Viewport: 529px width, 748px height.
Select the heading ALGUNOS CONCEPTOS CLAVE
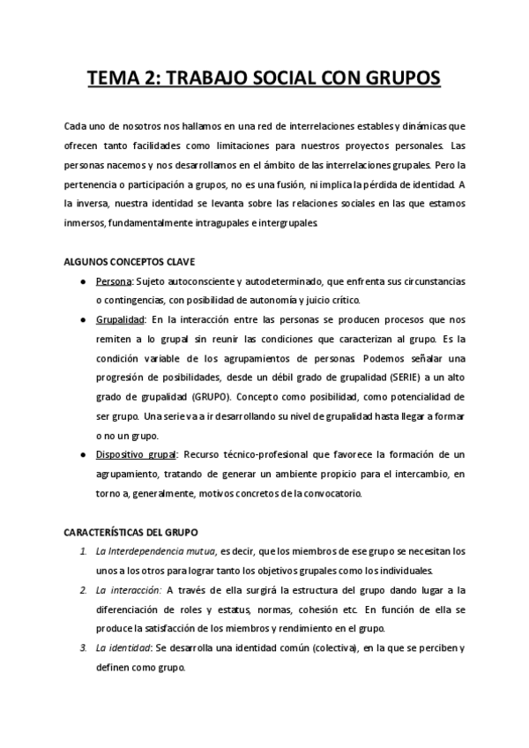(130, 262)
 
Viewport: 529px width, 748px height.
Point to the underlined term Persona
(114, 281)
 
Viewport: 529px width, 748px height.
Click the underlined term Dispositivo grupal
(137, 455)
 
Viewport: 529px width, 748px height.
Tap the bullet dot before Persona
(82, 281)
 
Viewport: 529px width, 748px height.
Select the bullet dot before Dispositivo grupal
(82, 455)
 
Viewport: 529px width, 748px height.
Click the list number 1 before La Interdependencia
(82, 551)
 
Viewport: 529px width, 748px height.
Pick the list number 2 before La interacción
(82, 590)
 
